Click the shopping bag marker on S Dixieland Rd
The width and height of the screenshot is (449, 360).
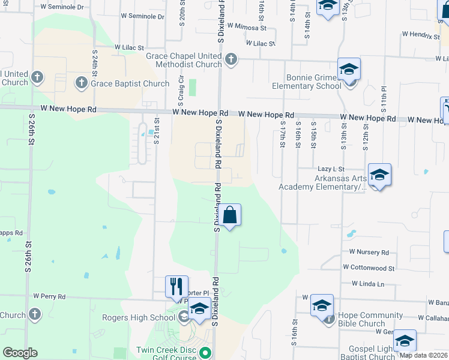(x=229, y=214)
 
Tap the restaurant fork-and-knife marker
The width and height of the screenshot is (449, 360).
(x=176, y=286)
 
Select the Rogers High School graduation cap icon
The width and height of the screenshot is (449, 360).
(x=200, y=308)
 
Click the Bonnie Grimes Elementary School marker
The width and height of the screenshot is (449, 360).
(x=349, y=69)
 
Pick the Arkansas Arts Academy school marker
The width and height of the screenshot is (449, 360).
(x=379, y=175)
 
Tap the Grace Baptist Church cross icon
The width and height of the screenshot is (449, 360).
(x=82, y=82)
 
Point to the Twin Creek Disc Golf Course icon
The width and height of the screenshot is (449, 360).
(x=205, y=353)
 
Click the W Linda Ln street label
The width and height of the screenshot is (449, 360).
(x=367, y=283)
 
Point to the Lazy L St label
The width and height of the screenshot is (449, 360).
(x=331, y=170)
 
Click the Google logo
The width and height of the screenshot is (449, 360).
(x=20, y=353)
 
